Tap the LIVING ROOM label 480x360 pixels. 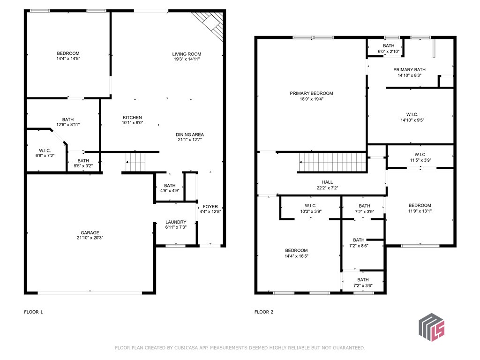coord(187,54)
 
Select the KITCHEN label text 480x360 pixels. coord(132,118)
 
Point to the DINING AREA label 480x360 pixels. coord(190,135)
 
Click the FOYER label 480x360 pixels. coord(210,206)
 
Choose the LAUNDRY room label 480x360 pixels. coord(176,222)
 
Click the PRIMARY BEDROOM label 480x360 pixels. coord(311,93)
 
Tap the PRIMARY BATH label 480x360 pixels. coord(409,69)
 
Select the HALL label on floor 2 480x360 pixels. coord(327,182)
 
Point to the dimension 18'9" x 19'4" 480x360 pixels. coord(311,99)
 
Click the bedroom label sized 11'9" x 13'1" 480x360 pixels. coord(420,205)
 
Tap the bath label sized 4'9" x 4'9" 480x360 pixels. coord(169,185)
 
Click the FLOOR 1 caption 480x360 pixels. coord(33,311)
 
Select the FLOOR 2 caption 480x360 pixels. coord(264,311)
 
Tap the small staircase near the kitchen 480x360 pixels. coord(136,163)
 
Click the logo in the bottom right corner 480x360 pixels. coord(431,326)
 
